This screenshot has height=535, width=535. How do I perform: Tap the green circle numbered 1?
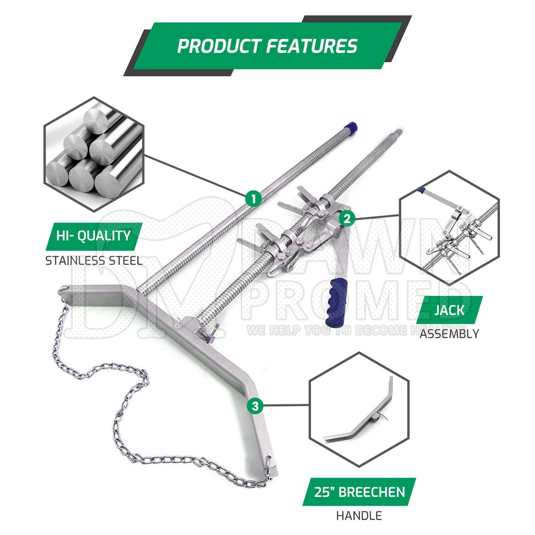(x=253, y=198)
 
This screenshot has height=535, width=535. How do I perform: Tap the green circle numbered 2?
(x=347, y=218)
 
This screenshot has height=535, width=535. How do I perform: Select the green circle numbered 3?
(x=255, y=406)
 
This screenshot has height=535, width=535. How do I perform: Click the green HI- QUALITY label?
(x=94, y=236)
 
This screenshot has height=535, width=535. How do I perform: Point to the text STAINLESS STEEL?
(x=94, y=261)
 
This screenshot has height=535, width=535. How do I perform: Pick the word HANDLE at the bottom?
(x=358, y=516)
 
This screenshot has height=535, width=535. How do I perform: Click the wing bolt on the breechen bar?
(x=204, y=334)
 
